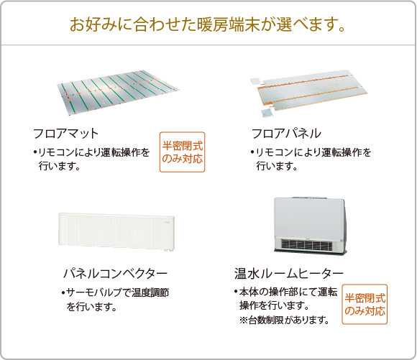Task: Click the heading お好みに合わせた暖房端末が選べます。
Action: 208,24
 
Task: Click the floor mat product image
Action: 118,93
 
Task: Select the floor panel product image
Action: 308,93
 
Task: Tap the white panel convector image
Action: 116,232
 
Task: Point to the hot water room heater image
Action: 311,226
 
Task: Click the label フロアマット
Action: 65,133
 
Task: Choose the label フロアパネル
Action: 286,133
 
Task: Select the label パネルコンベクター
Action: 115,273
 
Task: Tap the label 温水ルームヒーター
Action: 289,273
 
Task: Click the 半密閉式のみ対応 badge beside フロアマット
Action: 182,152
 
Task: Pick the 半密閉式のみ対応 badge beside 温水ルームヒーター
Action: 365,304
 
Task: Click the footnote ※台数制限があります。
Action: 284,320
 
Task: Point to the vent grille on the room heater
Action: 307,245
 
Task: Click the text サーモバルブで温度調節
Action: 117,292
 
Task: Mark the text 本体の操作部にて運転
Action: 288,292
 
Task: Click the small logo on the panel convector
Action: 168,221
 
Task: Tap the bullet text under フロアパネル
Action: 311,160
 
